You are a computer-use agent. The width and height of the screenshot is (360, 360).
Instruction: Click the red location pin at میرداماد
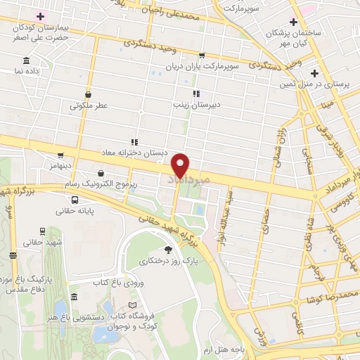coord(181,165)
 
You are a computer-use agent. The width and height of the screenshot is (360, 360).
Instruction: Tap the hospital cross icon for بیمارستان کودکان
coord(41,16)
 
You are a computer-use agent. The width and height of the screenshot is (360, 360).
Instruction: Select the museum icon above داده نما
coord(26,60)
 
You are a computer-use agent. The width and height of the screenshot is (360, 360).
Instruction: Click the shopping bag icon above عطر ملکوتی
coord(88,94)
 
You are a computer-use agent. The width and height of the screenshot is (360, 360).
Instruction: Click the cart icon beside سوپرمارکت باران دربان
coord(202,56)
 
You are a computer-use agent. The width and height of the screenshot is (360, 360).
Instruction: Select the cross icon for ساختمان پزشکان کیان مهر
coord(292,22)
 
